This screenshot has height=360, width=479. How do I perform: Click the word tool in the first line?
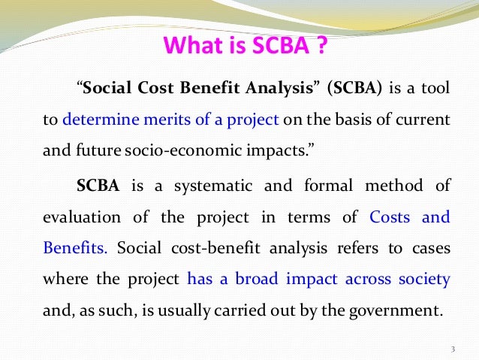point(436,89)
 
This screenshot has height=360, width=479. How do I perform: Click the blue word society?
point(423,280)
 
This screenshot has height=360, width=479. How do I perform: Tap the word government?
point(401,310)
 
